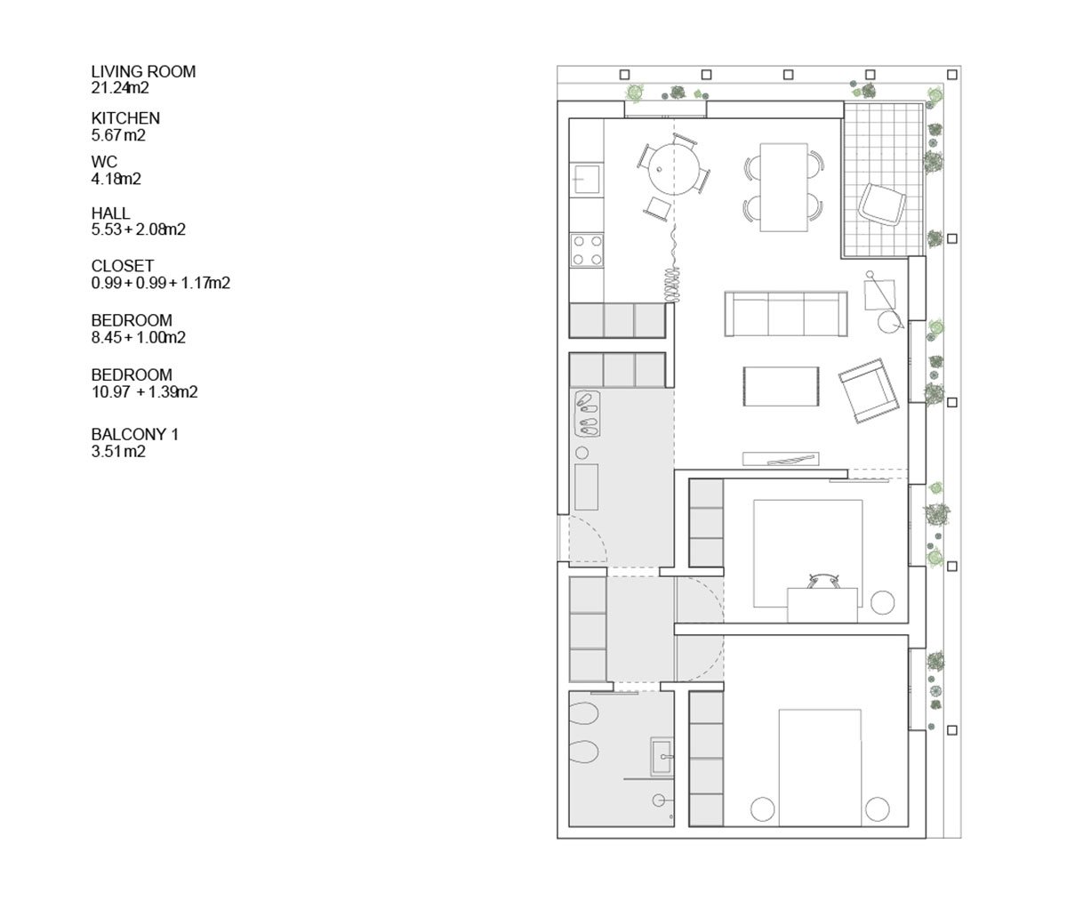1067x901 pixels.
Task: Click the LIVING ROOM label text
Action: click(x=143, y=71)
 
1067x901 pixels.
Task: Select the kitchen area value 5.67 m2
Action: click(x=118, y=135)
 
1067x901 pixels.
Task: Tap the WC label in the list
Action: click(x=104, y=162)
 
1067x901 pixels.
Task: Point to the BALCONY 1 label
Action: click(x=135, y=435)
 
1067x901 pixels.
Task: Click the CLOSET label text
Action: click(x=123, y=266)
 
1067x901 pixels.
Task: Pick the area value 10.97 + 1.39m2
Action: click(x=145, y=392)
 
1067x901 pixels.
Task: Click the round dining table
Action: click(x=673, y=169)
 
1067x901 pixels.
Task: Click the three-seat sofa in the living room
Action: click(x=786, y=314)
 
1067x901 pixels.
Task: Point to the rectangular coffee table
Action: click(x=782, y=386)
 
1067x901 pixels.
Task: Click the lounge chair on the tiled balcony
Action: click(x=882, y=205)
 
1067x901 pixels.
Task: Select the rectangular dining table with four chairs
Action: click(x=784, y=187)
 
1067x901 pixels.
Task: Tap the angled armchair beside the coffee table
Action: click(x=868, y=390)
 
